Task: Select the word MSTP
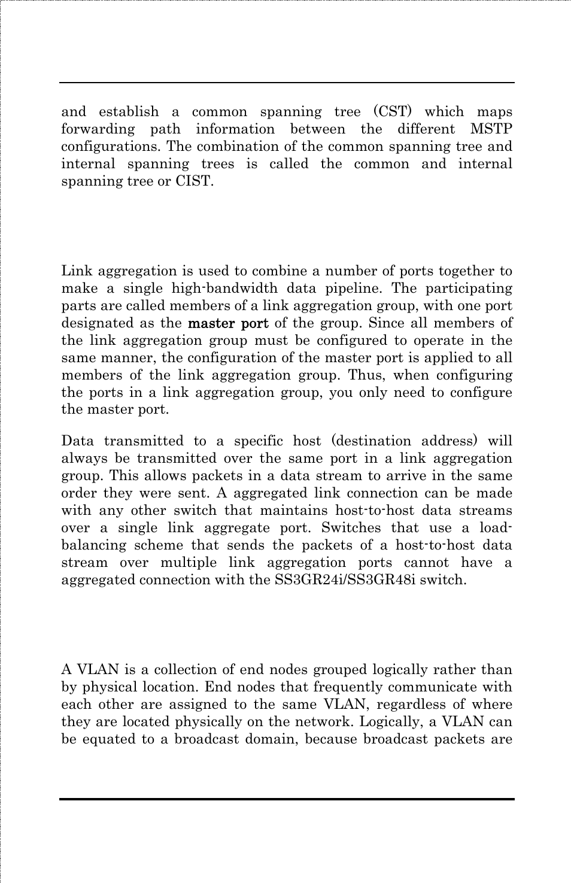(491, 129)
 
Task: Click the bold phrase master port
(228, 323)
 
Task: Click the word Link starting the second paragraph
(77, 271)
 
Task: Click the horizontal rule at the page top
(287, 83)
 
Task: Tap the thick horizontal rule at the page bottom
(287, 799)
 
